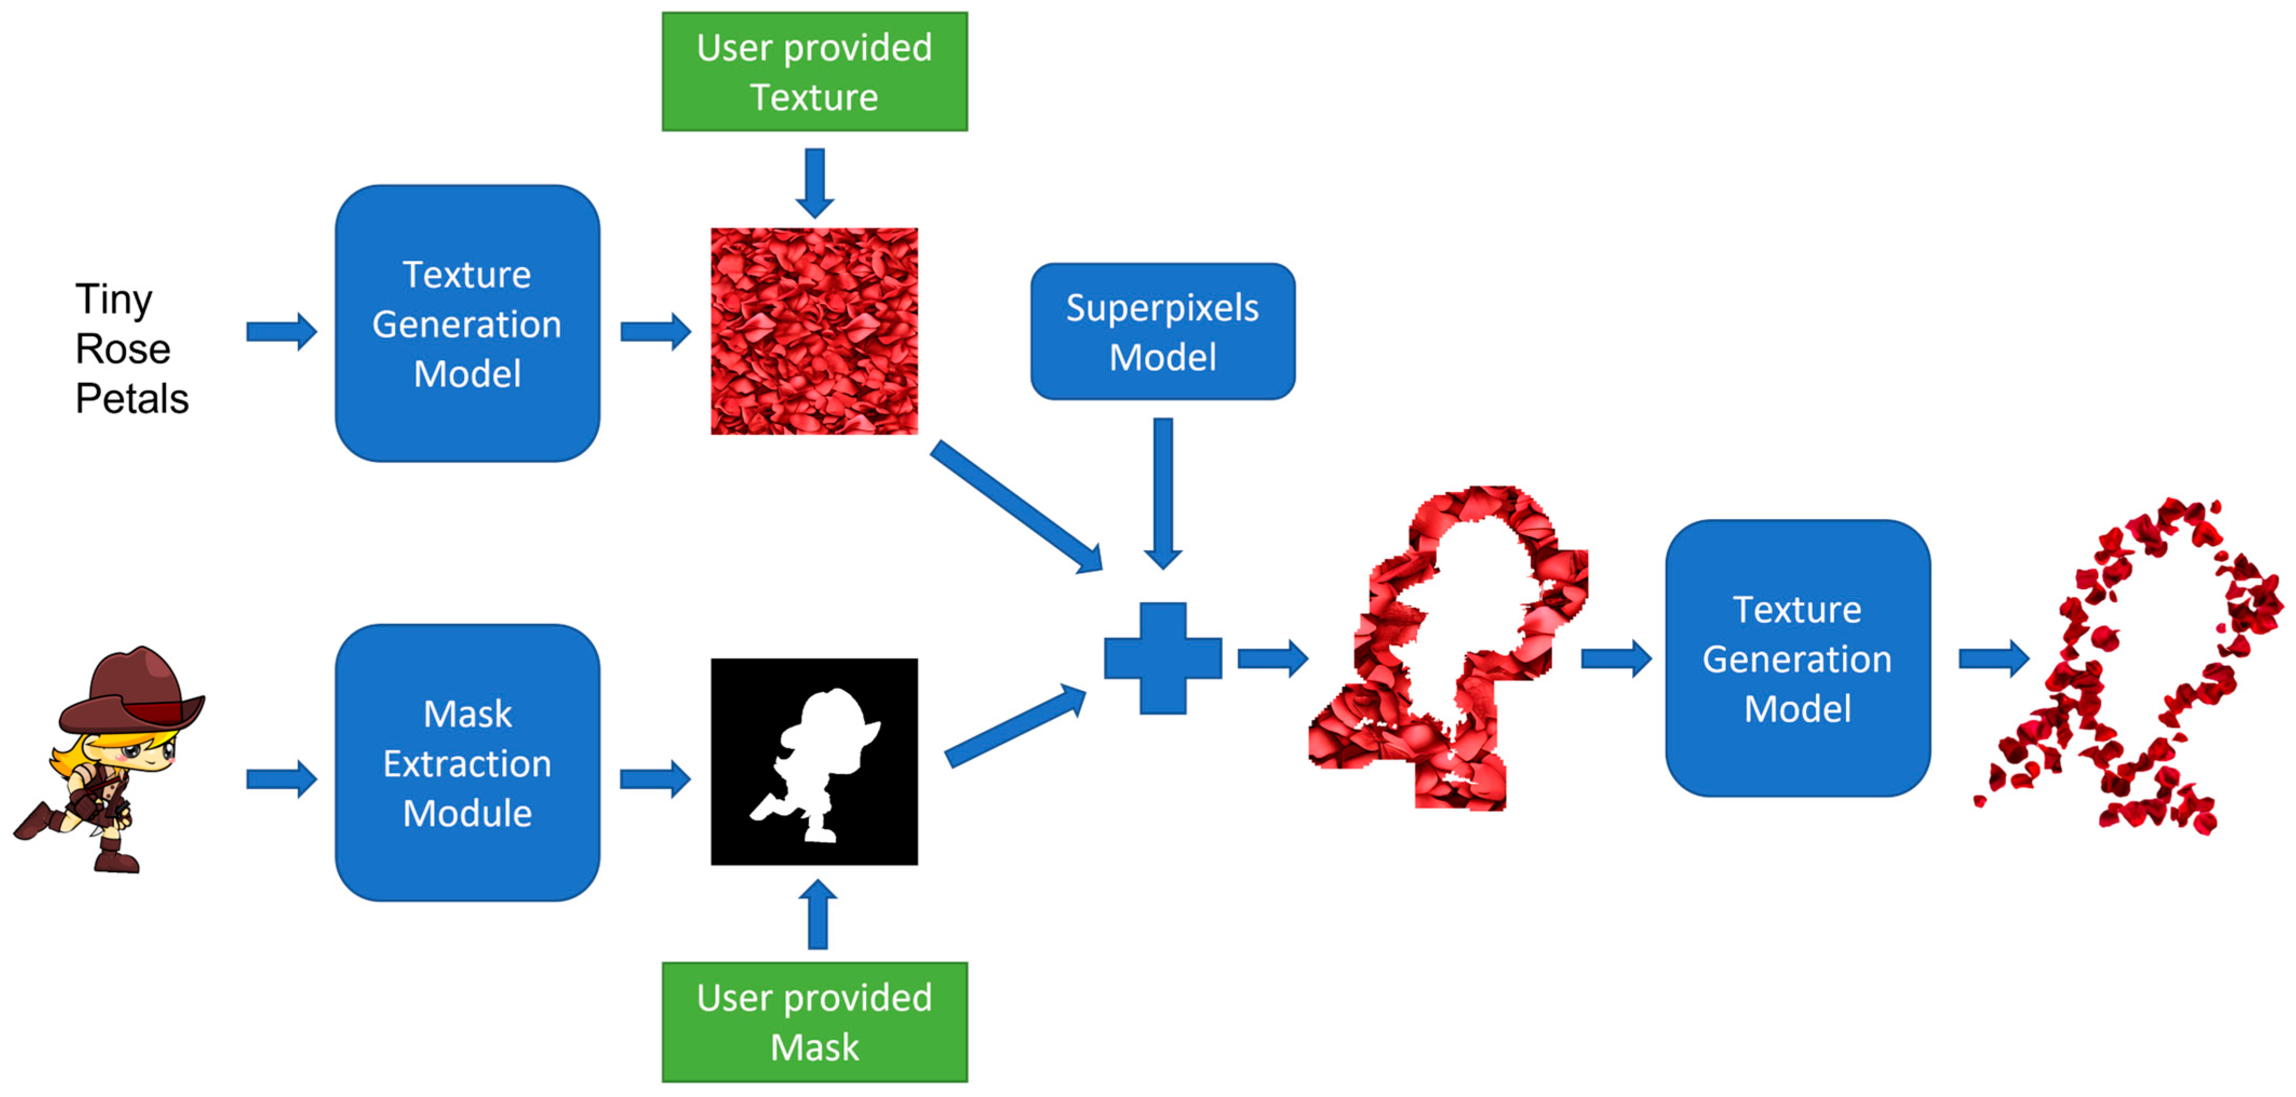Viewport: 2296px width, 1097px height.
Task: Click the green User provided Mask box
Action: [814, 1021]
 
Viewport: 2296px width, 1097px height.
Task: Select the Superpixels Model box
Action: [1162, 332]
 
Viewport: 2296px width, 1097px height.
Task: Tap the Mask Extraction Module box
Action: [467, 763]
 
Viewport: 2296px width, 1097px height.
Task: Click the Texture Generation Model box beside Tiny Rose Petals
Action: [467, 324]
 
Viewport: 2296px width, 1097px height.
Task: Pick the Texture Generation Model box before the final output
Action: [1797, 658]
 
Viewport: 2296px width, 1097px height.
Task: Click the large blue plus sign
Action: [1162, 658]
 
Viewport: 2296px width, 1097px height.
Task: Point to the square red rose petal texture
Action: [814, 332]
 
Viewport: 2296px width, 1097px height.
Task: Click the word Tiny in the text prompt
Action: [113, 299]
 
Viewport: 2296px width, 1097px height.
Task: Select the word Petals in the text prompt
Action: [132, 398]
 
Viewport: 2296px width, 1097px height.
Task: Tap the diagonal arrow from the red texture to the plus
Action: [1016, 505]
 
